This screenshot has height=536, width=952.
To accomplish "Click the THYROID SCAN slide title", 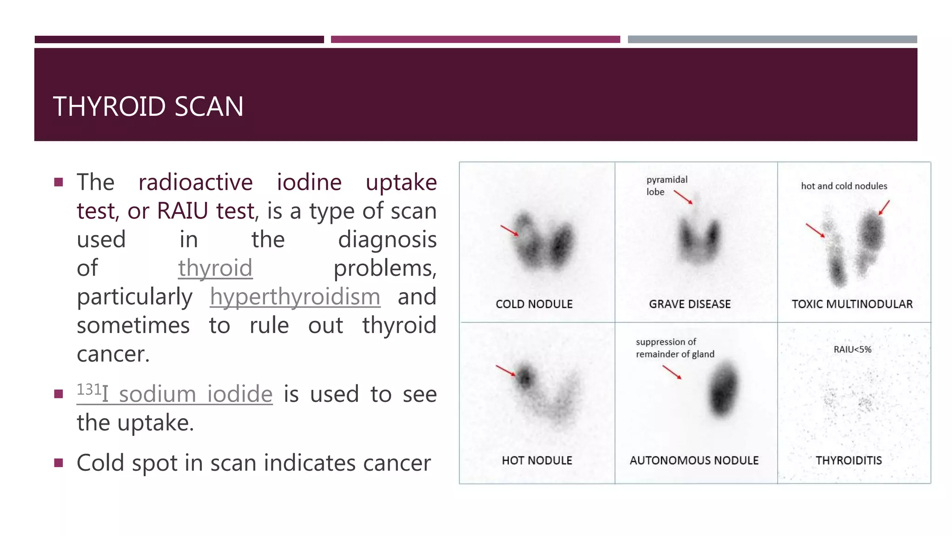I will tap(148, 107).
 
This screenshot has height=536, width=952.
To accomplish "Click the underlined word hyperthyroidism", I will tap(295, 297).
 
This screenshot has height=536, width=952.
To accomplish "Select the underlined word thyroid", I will tap(215, 268).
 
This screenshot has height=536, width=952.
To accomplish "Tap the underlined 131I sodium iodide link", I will tap(175, 394).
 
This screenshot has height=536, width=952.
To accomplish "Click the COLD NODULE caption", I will tap(534, 304).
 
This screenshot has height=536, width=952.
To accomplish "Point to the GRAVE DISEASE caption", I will tap(690, 304).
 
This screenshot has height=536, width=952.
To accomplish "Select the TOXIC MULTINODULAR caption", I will tap(852, 304).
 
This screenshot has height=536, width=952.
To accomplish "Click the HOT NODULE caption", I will tap(537, 461).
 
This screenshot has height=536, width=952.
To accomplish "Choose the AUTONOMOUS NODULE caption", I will tap(694, 461).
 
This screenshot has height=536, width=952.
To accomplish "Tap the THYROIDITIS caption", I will tap(849, 461).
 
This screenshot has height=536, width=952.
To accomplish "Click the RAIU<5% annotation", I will tap(853, 349).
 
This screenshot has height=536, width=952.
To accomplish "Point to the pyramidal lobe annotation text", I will tap(666, 186).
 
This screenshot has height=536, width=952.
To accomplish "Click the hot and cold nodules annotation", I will tap(844, 186).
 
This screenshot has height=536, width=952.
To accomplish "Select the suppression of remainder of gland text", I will tap(674, 348).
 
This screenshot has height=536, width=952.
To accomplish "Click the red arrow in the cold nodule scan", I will tap(509, 230).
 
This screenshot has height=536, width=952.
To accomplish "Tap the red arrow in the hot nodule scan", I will tap(506, 370).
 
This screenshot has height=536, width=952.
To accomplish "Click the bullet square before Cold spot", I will tap(59, 463).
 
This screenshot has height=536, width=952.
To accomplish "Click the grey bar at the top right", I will tap(772, 40).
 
